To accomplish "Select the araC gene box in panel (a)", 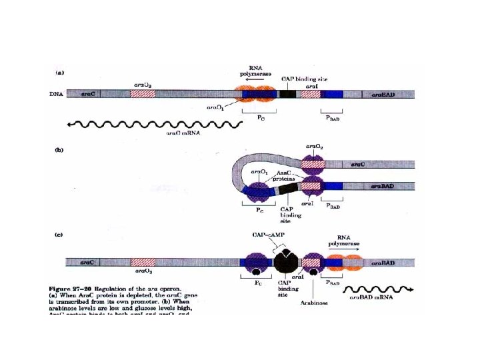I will click(x=87, y=95).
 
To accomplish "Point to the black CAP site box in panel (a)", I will click(x=288, y=95).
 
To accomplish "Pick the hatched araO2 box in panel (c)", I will click(x=143, y=262).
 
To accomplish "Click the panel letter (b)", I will click(x=58, y=151).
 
